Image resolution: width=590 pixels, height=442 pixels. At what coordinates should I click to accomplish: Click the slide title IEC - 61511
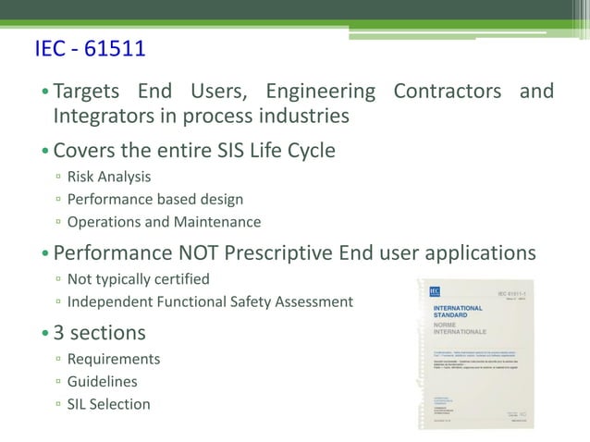pos(90,49)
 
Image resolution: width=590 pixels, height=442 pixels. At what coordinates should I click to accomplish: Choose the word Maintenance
pos(217,222)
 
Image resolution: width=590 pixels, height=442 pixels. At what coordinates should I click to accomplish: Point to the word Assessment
pos(314,301)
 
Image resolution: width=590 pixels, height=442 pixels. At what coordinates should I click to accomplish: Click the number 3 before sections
pos(59,331)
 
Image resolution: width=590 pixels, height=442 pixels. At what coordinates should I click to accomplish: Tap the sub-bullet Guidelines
pos(103,381)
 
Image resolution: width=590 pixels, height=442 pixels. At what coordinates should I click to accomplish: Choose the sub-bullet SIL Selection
pos(108,403)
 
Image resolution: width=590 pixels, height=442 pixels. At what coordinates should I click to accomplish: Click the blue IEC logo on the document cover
pos(434,291)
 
